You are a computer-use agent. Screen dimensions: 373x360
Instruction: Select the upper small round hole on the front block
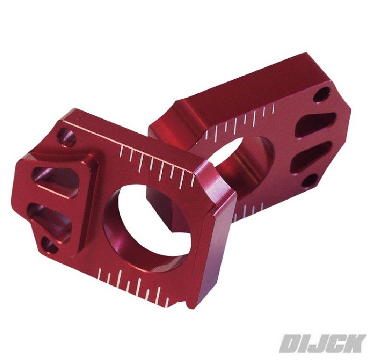66,136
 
